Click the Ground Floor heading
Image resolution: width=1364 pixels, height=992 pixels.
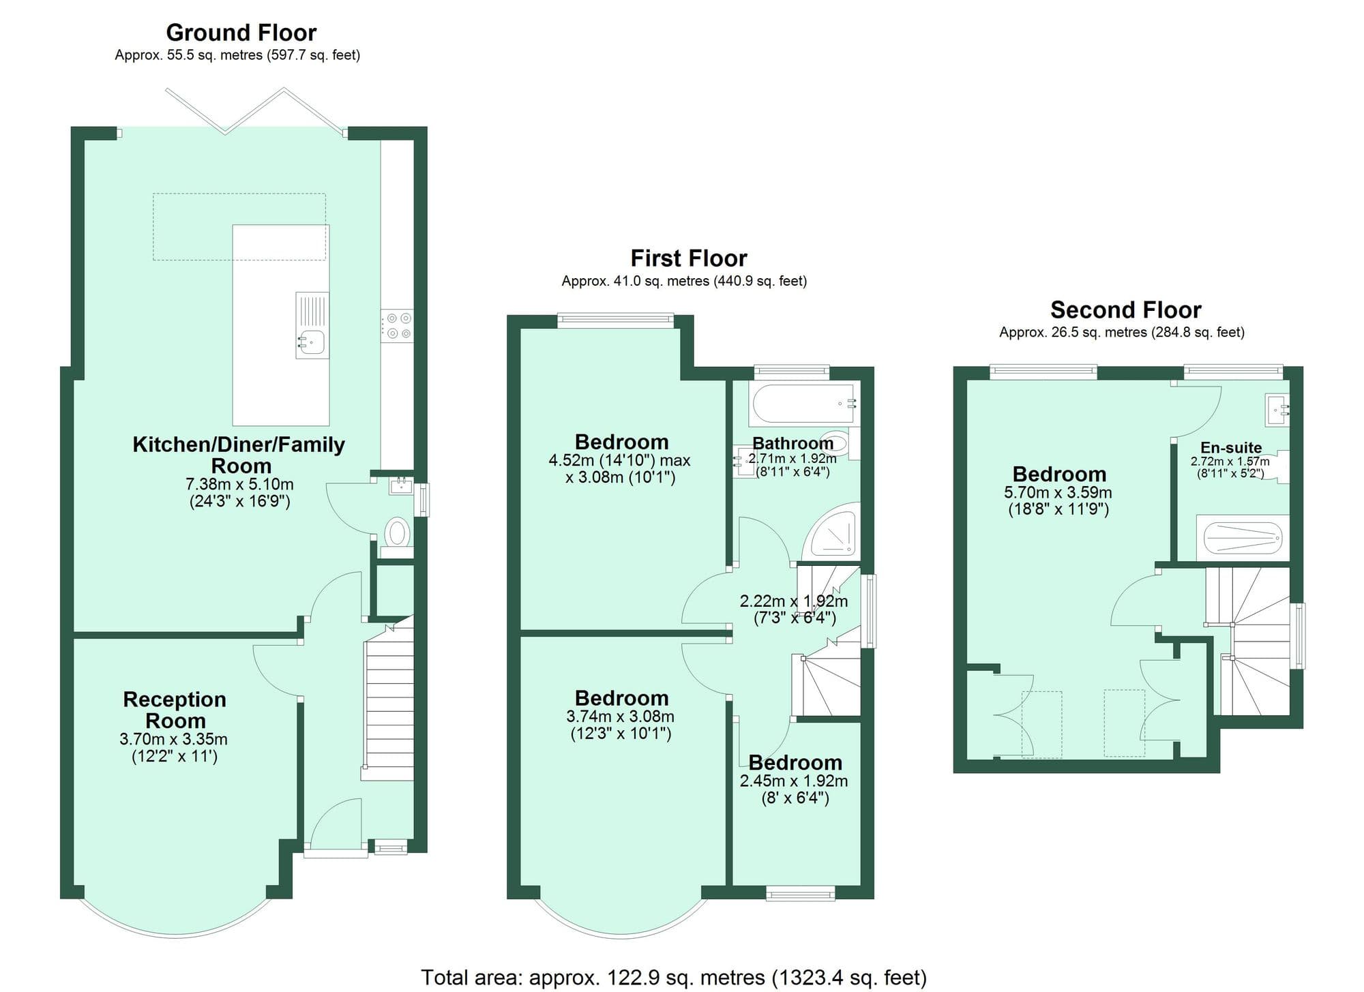tap(241, 33)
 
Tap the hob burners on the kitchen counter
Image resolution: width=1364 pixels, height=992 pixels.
tap(398, 326)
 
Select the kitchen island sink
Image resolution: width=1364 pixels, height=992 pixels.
tap(313, 340)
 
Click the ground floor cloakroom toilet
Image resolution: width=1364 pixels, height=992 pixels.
tap(397, 532)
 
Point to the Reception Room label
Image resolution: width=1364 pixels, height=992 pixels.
tap(175, 710)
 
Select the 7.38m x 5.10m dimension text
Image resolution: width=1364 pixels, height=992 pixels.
tap(239, 485)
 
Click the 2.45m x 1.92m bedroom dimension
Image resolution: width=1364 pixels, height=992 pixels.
tap(794, 781)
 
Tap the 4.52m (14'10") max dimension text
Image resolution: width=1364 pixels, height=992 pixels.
tap(619, 461)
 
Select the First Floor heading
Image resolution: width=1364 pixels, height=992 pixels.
tap(688, 258)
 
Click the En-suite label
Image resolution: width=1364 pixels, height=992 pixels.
tap(1230, 447)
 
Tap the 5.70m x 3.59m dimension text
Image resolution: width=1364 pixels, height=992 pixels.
tap(1058, 492)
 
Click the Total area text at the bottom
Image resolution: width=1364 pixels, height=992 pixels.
tap(673, 977)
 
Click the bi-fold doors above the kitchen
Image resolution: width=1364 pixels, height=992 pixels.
tap(254, 111)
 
